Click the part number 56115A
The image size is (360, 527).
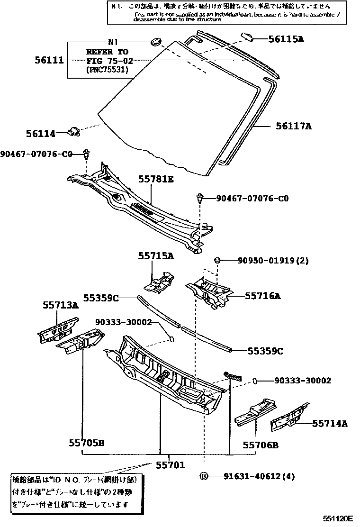click(x=287, y=39)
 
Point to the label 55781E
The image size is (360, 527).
click(x=156, y=179)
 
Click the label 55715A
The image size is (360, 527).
click(x=156, y=256)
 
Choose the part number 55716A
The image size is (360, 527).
click(x=263, y=296)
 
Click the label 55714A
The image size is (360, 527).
click(x=330, y=423)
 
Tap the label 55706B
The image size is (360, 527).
click(x=261, y=445)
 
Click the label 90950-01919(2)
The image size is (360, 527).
click(x=266, y=261)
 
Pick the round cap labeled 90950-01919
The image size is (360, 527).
click(x=218, y=260)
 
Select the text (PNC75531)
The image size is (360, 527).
click(x=108, y=70)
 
